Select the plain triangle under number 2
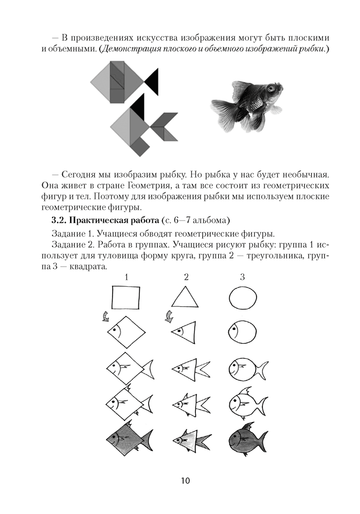point(185,298)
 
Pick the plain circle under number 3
point(242,297)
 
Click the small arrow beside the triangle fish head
point(168,318)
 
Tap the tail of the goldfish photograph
point(226,108)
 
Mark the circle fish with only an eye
point(242,331)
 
